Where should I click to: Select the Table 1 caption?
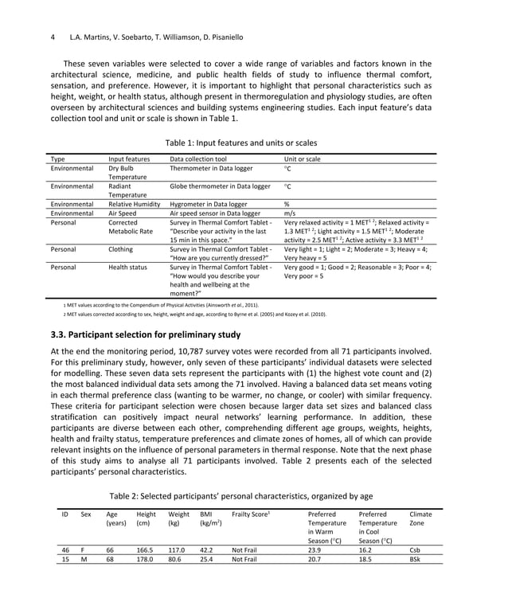[x=252, y=143]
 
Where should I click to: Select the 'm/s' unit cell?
[x=290, y=213]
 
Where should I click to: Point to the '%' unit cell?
[x=287, y=204]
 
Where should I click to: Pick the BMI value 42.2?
[x=208, y=549]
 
